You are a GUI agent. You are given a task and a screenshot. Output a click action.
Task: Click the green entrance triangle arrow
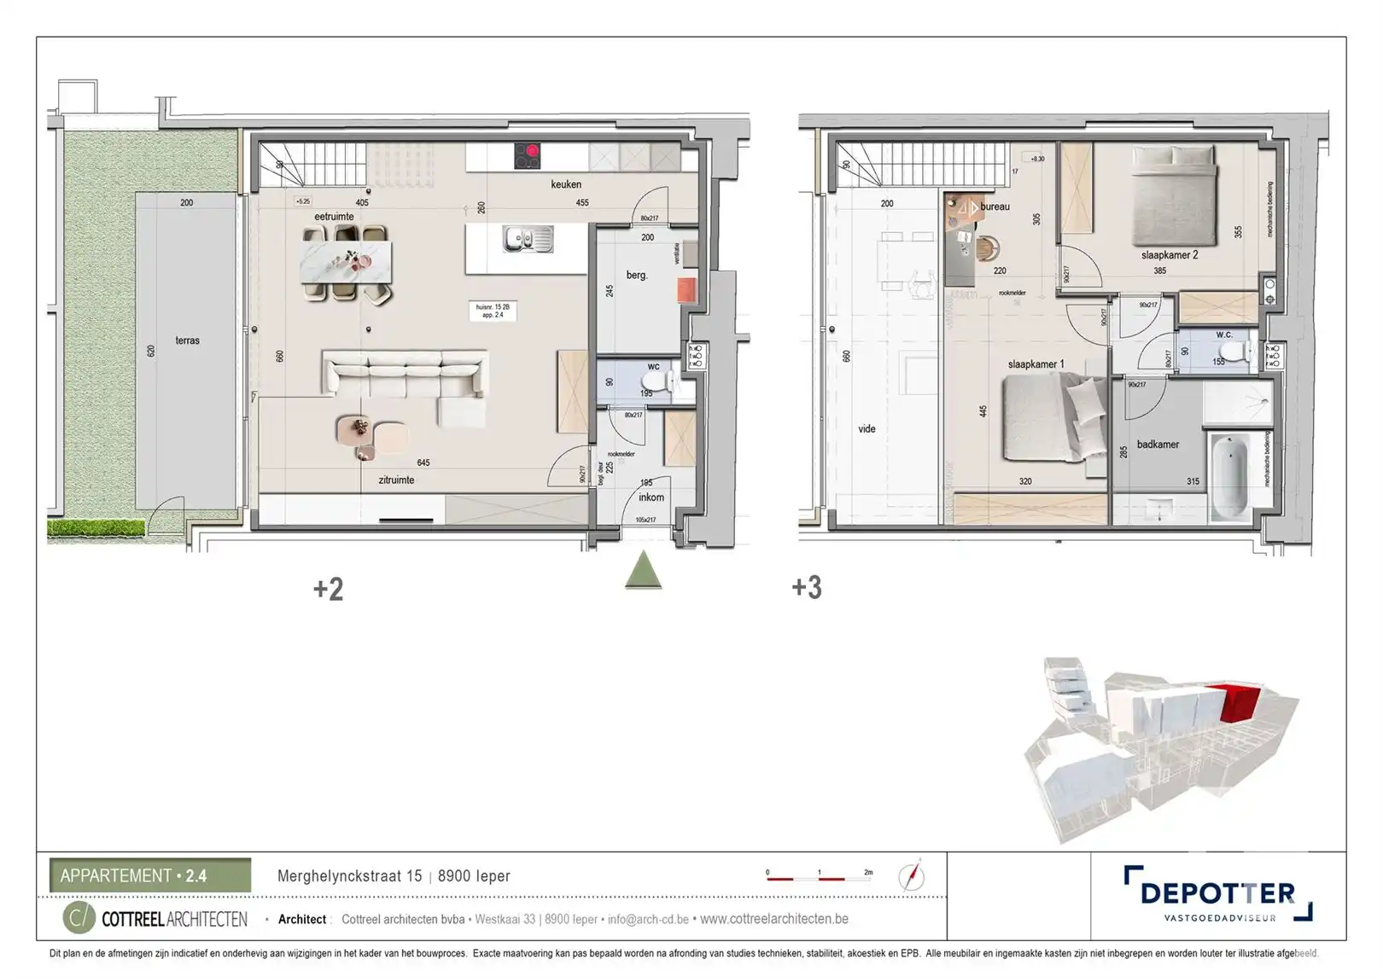[644, 571]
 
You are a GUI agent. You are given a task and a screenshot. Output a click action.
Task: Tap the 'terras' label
[187, 340]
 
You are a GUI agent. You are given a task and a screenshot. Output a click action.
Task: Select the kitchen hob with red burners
[527, 156]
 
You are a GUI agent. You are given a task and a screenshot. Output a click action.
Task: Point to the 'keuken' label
[565, 184]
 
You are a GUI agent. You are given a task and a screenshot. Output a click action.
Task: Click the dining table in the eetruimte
[346, 262]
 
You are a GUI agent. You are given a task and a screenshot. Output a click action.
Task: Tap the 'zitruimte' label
[396, 480]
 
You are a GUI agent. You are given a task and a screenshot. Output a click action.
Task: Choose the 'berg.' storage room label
[636, 276]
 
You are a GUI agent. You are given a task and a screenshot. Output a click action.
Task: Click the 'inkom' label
[651, 497]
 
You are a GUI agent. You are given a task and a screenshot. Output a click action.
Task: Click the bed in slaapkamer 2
[1174, 195]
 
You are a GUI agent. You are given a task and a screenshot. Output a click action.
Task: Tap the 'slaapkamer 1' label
[1036, 364]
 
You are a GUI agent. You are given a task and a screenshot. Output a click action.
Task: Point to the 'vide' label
[867, 429]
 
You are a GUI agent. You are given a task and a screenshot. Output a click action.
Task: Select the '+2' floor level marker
[328, 589]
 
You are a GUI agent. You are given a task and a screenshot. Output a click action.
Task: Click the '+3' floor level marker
[807, 587]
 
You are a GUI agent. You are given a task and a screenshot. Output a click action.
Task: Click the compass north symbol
[911, 876]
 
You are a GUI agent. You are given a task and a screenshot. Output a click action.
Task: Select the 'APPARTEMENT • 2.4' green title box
[150, 875]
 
